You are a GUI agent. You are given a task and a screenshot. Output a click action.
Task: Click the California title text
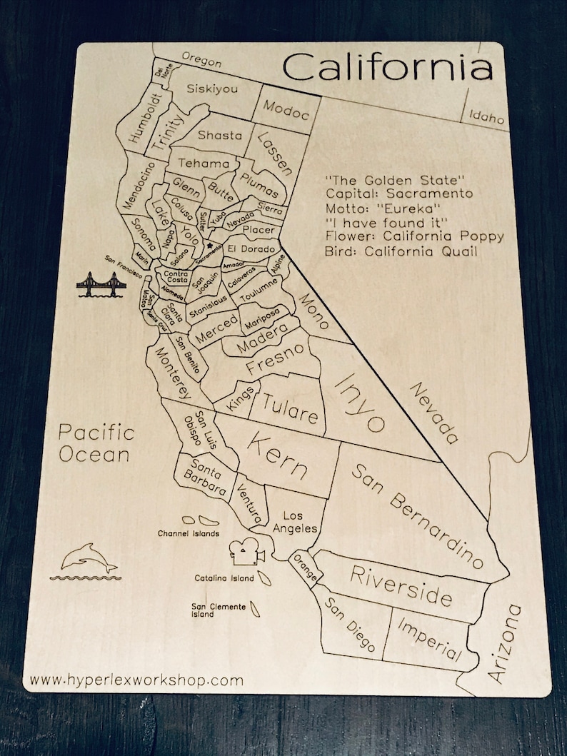click(x=388, y=69)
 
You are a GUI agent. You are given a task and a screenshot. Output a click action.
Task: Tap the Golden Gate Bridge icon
click(x=100, y=285)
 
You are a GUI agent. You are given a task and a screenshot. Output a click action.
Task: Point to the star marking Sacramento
click(x=210, y=245)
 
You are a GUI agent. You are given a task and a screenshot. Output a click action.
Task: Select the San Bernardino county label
click(x=412, y=513)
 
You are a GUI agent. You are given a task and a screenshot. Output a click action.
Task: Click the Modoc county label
click(x=286, y=109)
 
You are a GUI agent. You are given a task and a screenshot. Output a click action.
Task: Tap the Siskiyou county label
click(x=211, y=89)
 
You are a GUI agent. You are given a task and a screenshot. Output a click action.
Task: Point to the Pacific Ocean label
click(x=96, y=443)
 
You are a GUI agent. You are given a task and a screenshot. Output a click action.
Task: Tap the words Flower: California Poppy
click(x=414, y=236)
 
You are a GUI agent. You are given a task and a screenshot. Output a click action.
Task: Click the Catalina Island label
click(x=223, y=578)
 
